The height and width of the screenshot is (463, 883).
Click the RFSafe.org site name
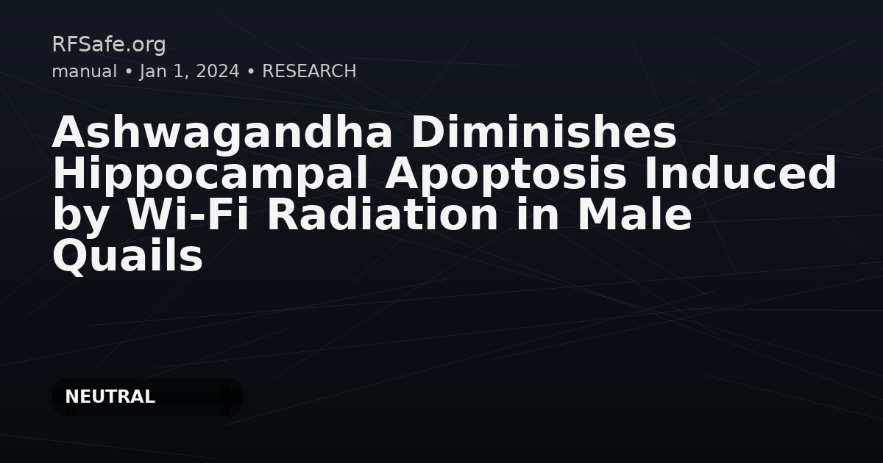coord(109,45)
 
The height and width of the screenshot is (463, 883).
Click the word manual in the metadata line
coord(85,71)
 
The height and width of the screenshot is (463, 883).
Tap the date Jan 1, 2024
coord(189,72)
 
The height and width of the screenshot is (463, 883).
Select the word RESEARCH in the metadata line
coord(309,71)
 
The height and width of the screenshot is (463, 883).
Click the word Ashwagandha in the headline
coord(222,134)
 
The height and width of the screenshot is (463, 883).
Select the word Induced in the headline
coord(740,173)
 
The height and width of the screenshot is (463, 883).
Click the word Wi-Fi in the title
coord(188,215)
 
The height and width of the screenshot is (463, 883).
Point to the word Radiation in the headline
coord(383,215)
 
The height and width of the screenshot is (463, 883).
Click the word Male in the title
coord(634,215)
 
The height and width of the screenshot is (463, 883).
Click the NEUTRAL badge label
coord(110,397)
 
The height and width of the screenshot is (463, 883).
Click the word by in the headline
coord(80,217)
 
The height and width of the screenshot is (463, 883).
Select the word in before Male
coord(537,215)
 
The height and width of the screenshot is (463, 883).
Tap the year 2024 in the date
coord(218,71)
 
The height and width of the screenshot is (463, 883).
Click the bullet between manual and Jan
coord(128,72)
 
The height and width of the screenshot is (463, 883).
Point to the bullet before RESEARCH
coord(251,72)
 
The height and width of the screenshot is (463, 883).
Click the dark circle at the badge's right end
coord(230,398)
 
